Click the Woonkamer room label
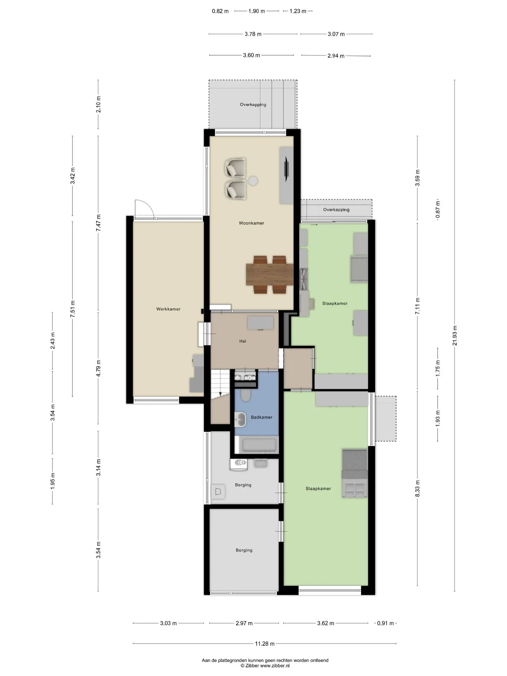tap(251, 223)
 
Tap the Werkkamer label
tap(168, 309)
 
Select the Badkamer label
tap(262, 417)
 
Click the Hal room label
tap(243, 341)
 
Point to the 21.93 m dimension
tap(455, 336)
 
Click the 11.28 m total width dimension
tap(265, 644)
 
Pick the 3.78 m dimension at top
tap(253, 34)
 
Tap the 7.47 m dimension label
tap(99, 223)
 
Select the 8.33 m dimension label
tap(418, 488)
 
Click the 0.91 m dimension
tap(386, 623)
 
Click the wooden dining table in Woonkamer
tap(270, 274)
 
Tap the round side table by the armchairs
tap(253, 181)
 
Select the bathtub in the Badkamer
tap(259, 445)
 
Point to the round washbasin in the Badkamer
tap(241, 420)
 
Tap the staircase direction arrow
tap(220, 394)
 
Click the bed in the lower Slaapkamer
tap(355, 473)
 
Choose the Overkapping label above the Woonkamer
tap(253, 105)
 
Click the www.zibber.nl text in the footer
tap(275, 665)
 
